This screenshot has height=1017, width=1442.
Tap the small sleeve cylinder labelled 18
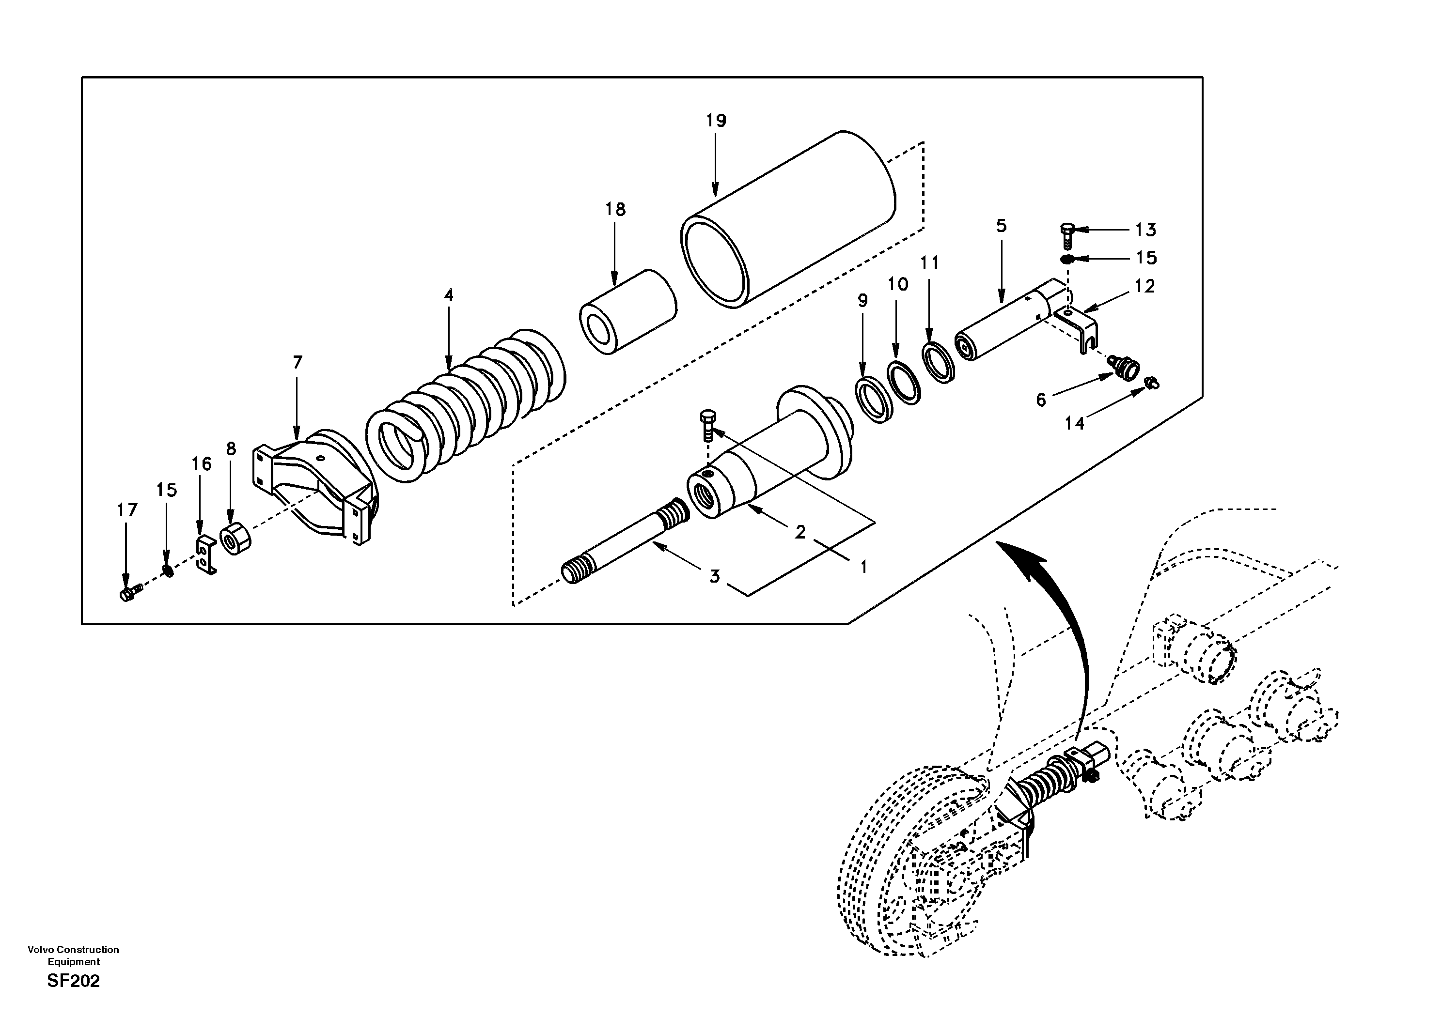click(627, 312)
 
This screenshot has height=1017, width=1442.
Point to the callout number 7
click(297, 362)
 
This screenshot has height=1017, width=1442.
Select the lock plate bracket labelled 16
click(205, 555)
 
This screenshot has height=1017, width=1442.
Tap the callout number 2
click(799, 532)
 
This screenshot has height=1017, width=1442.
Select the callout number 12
click(1145, 286)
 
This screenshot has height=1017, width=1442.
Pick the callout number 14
click(1074, 424)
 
